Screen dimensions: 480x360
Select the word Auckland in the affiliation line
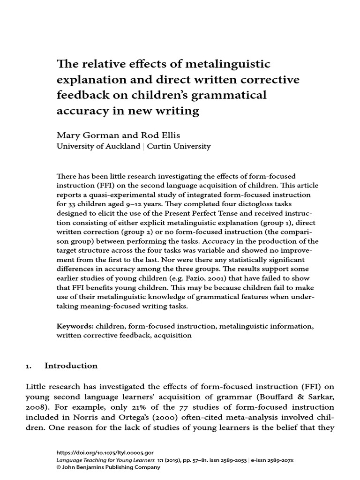123,146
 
